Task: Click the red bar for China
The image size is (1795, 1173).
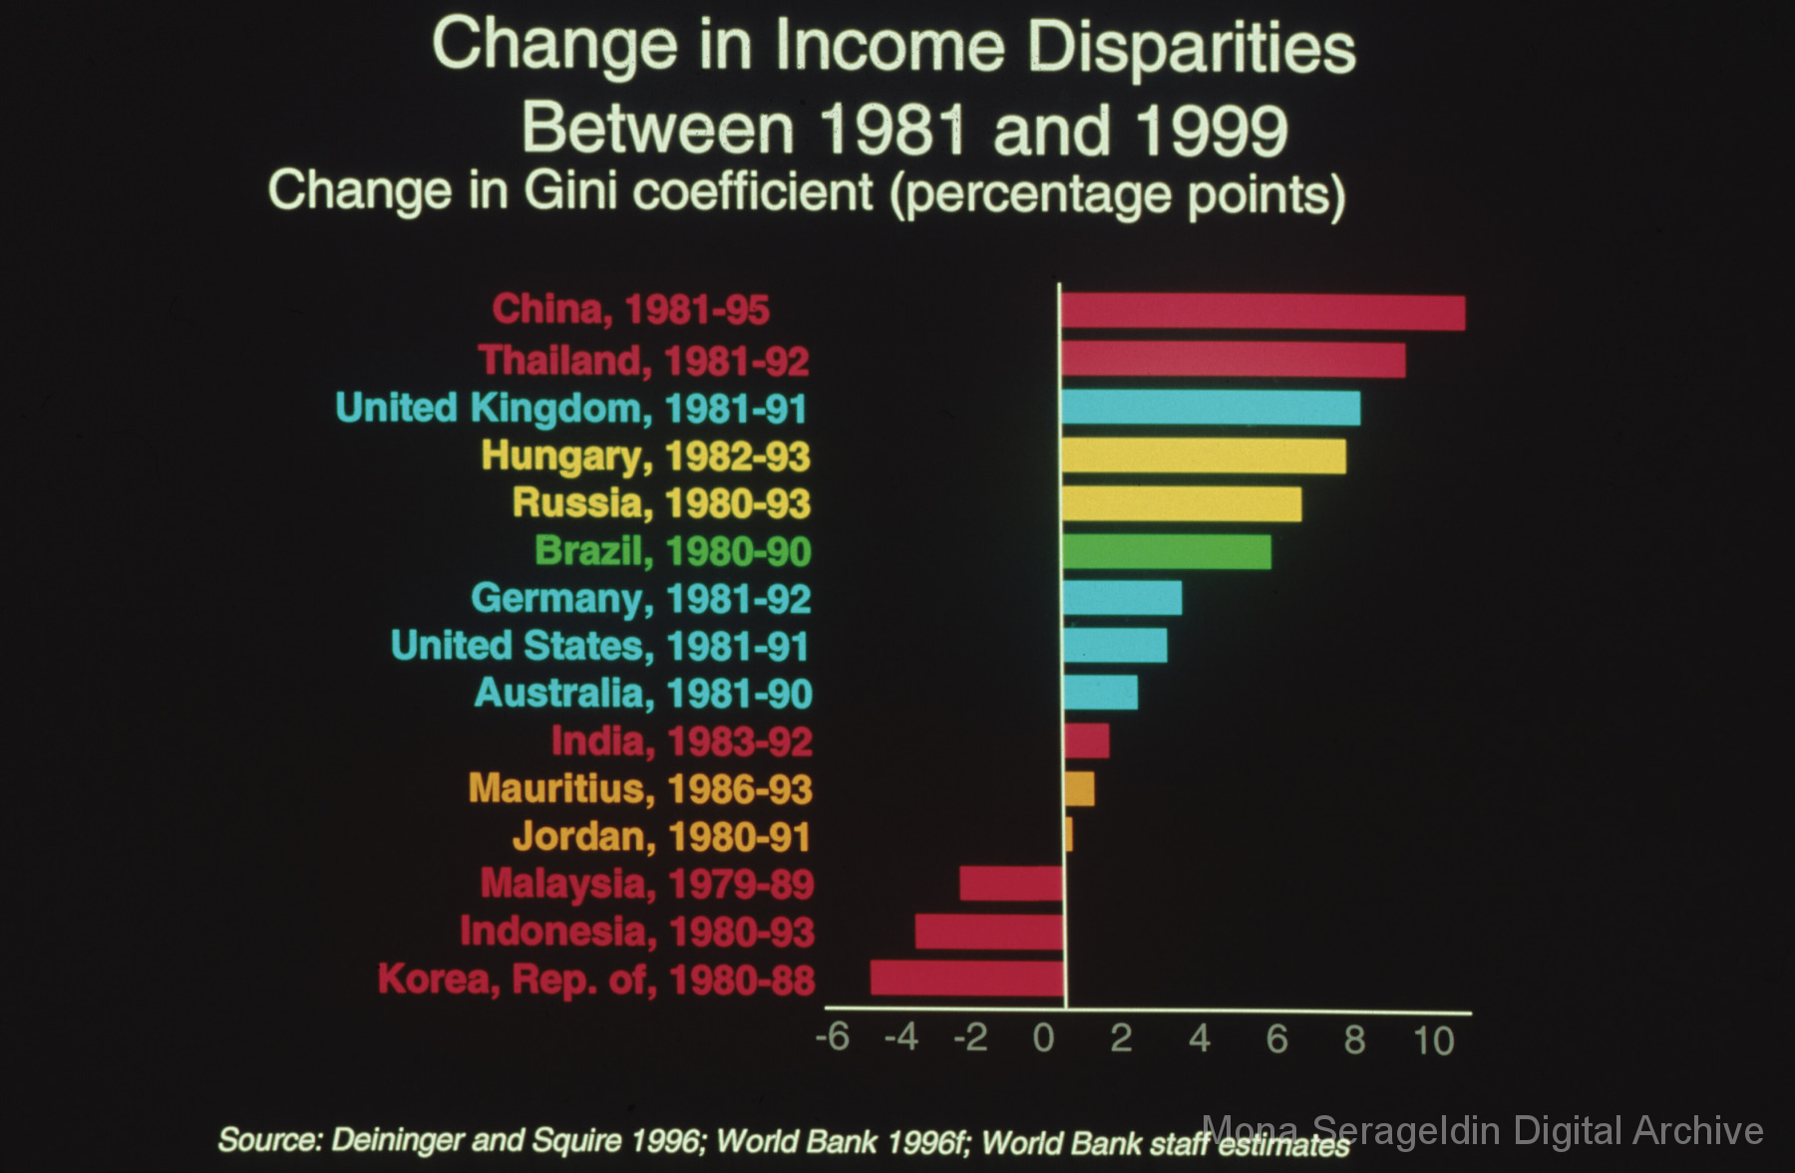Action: coord(1262,312)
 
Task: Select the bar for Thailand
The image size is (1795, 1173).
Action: coord(1233,360)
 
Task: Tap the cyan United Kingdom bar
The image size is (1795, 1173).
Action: coord(1211,408)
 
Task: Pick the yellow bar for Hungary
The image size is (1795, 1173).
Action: coord(1203,455)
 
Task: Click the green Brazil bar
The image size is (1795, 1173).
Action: coord(1167,551)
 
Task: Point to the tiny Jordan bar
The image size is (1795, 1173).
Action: coord(1068,835)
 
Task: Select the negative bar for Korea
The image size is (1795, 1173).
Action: coord(967,978)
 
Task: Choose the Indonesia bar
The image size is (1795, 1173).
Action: coord(989,931)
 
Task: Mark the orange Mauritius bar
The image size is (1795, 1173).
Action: coord(1079,788)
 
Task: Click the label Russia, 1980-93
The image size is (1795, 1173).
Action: coord(661,503)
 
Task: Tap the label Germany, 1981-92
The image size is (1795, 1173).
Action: coord(640,599)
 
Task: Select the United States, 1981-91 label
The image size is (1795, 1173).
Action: coord(599,646)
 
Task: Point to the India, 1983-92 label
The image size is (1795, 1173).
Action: coord(682,741)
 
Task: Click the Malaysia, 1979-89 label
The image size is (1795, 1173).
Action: coord(647,884)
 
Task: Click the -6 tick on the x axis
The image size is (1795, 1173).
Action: coord(833,1037)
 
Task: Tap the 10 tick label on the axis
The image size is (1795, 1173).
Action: coord(1433,1040)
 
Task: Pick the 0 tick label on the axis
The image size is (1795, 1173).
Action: coord(1043,1038)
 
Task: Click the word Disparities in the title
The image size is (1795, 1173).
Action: coord(1192,48)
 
